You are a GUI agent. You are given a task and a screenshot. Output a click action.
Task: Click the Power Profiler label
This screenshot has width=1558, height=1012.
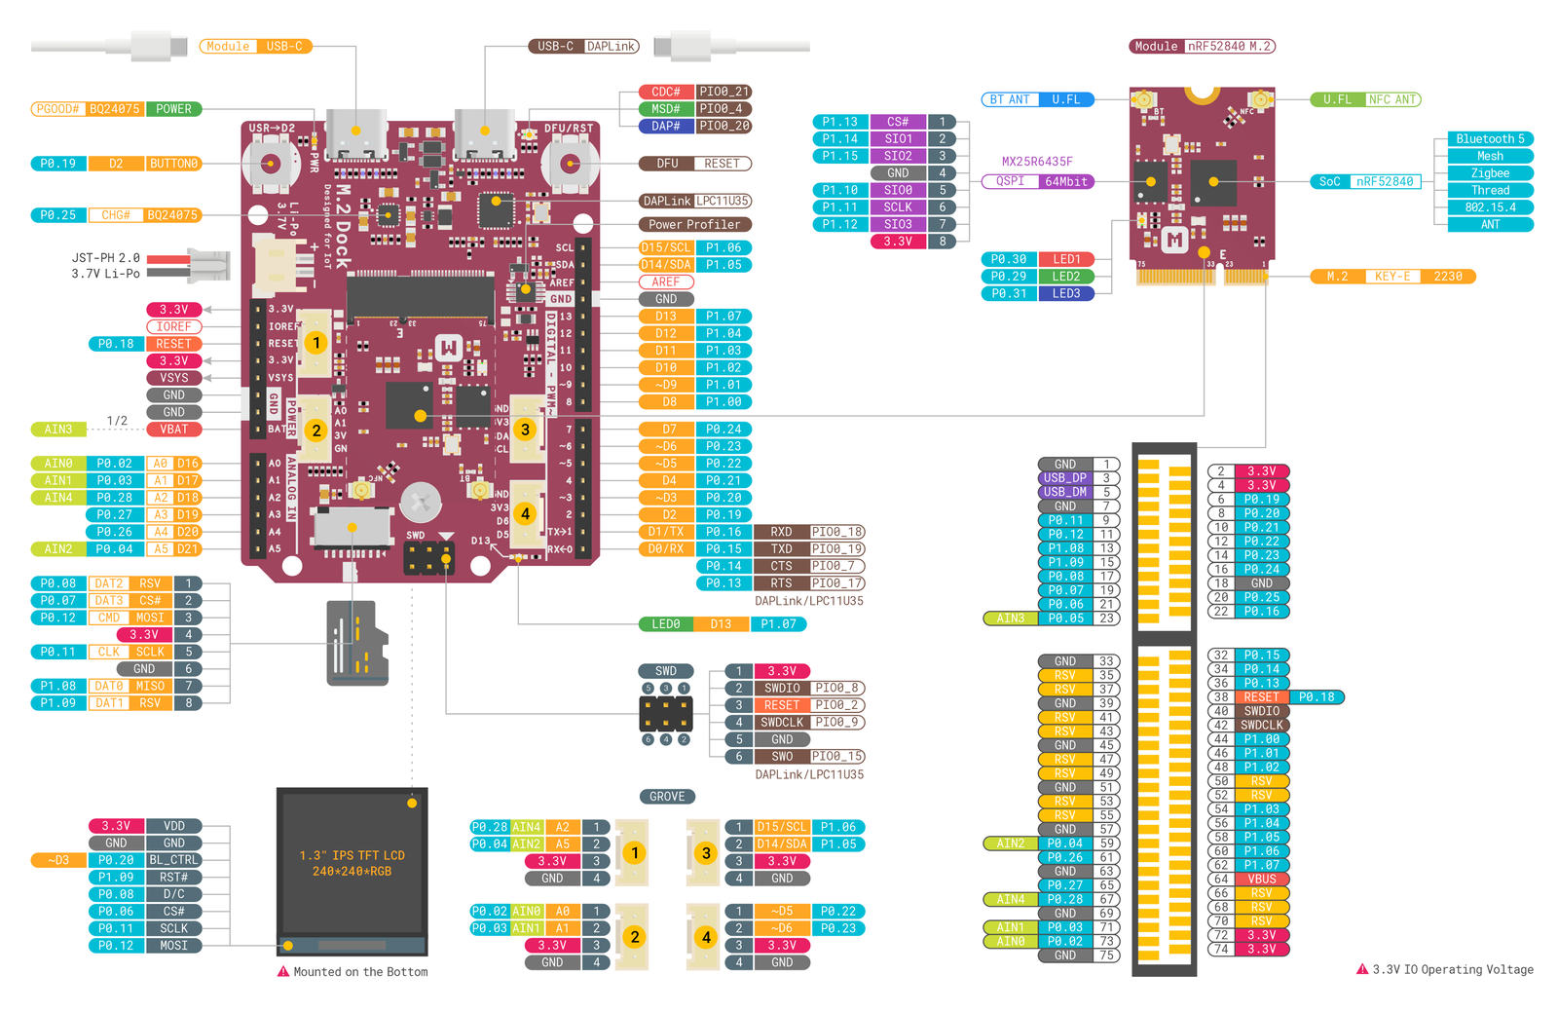tap(694, 224)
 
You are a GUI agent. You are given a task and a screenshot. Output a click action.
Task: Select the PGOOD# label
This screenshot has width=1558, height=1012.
tap(57, 109)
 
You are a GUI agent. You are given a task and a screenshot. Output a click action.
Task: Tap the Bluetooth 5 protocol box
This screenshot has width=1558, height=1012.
tap(1490, 139)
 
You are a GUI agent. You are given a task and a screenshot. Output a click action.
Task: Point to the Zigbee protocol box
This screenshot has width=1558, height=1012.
tap(1490, 173)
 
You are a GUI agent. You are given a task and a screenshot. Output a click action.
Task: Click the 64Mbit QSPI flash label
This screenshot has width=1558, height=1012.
tap(1066, 181)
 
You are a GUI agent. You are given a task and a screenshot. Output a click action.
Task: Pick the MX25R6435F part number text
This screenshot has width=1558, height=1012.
tap(1037, 162)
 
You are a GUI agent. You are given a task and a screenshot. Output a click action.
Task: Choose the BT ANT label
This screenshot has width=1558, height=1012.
tap(1010, 99)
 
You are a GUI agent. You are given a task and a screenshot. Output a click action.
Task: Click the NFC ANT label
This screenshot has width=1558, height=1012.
tap(1392, 99)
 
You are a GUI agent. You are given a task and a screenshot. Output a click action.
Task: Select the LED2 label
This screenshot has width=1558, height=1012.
tap(1066, 277)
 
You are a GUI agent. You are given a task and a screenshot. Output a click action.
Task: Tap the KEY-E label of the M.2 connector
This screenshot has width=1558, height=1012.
tap(1392, 277)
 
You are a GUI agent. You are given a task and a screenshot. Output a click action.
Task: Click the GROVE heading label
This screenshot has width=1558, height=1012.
tap(667, 797)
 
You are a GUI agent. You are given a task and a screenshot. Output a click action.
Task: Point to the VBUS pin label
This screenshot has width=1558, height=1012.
tap(1262, 879)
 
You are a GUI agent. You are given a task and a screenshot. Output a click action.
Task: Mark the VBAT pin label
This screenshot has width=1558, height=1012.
tap(174, 430)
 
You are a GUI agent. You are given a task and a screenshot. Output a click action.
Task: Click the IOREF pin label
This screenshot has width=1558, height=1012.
tap(174, 327)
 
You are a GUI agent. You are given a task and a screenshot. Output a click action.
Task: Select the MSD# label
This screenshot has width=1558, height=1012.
tap(666, 109)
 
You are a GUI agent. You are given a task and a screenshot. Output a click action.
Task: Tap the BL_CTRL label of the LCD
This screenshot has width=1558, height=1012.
tap(174, 860)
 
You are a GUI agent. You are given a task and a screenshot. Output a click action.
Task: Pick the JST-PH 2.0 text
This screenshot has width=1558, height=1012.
tap(105, 258)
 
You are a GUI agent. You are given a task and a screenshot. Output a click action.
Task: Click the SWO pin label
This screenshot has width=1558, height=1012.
tap(782, 757)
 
